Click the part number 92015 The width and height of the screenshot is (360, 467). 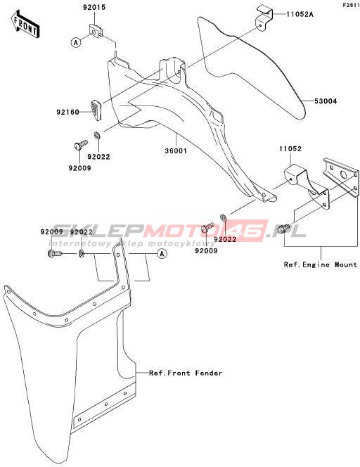94,8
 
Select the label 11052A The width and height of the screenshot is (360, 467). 300,14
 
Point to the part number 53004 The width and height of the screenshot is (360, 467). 326,101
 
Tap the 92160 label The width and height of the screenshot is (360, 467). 68,113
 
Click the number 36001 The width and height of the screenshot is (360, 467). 176,151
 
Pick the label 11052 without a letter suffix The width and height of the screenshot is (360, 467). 290,148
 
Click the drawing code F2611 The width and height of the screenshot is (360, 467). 351,5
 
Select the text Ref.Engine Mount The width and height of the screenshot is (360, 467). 321,264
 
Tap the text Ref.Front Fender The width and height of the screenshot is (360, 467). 186,373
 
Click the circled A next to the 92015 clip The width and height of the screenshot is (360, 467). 76,43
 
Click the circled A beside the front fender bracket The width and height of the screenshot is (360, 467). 162,254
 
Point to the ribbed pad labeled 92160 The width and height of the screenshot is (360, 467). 96,110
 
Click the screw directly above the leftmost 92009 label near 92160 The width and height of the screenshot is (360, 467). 80,144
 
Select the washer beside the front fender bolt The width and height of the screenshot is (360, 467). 82,254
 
